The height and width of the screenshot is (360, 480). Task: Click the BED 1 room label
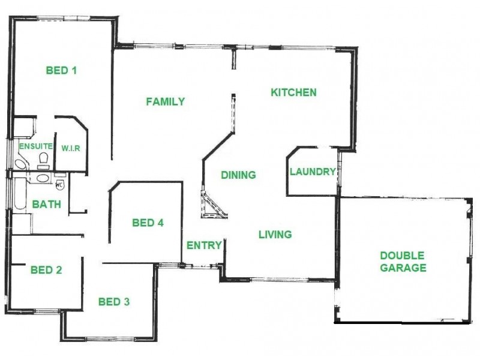click(61, 70)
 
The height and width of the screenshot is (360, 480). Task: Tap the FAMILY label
click(166, 101)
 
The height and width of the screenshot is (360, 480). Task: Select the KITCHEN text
click(293, 92)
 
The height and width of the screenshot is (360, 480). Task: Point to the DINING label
click(238, 175)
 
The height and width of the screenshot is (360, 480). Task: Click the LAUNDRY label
click(313, 172)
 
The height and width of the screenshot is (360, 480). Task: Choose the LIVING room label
click(275, 234)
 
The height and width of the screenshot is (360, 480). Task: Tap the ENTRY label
click(205, 245)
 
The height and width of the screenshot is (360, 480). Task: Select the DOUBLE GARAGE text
click(403, 262)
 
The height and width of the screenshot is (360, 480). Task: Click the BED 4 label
click(148, 223)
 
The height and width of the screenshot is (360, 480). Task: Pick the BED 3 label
click(114, 301)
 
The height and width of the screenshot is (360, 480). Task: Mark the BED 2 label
click(46, 269)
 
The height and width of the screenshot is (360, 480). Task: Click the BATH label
click(46, 204)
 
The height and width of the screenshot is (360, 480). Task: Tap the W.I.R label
click(71, 148)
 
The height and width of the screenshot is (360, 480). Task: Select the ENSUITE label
click(34, 146)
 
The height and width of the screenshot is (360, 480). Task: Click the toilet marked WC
click(59, 185)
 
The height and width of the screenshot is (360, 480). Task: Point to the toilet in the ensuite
click(43, 160)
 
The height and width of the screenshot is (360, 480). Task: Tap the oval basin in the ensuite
click(20, 164)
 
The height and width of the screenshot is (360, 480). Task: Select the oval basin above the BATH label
click(42, 178)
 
